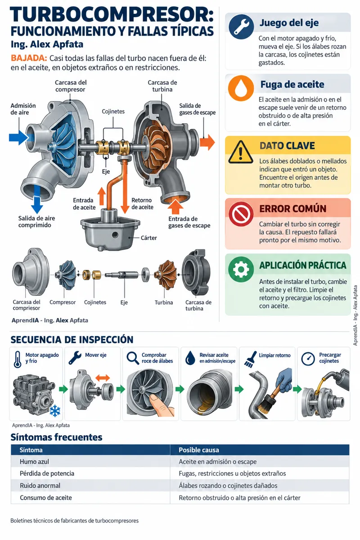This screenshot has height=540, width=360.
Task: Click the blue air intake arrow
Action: coord(19,137)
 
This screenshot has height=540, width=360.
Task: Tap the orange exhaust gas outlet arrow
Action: coord(207,142)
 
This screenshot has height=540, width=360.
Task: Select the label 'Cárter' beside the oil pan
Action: coord(148,238)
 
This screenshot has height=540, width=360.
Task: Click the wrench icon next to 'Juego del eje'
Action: coord(241,27)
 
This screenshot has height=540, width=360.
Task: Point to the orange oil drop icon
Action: coord(241,88)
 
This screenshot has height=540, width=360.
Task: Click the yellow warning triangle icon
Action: coord(241,153)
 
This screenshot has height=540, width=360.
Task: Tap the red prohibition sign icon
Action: coord(241,213)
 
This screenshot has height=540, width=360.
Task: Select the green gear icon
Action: coord(241,269)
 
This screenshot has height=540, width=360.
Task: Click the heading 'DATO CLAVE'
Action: coord(287,146)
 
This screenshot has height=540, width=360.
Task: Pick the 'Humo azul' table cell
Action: coord(34,462)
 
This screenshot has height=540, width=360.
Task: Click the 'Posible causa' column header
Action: coord(199,450)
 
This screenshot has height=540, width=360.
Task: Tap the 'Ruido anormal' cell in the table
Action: coord(40,486)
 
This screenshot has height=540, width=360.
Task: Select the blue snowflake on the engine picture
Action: coord(55,411)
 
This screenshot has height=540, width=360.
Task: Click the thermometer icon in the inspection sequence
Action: coord(18,359)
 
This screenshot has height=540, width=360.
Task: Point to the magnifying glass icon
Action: coord(133,358)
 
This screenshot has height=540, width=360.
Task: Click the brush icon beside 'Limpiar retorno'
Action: coord(250,359)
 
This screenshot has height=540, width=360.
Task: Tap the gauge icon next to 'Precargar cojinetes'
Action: coord(308,359)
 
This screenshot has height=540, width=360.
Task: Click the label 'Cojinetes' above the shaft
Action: coord(113,112)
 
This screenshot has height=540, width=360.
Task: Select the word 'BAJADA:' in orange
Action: coord(29,58)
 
